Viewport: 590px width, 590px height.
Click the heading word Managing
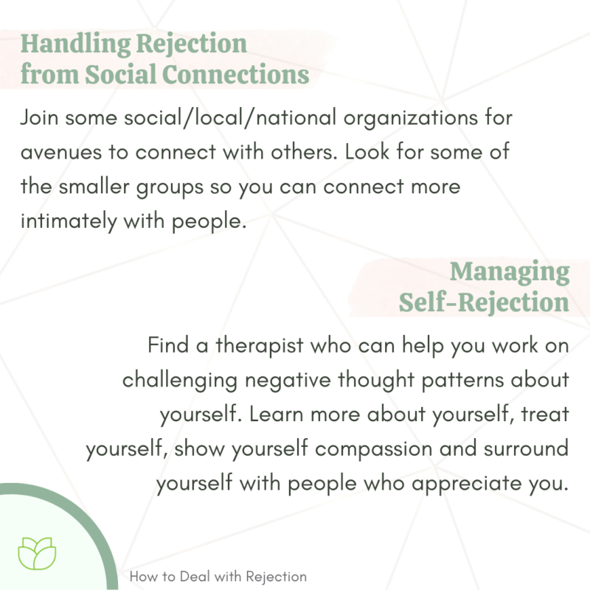510,271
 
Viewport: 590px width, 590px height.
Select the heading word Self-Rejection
484,302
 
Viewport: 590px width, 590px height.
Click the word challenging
177,380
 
